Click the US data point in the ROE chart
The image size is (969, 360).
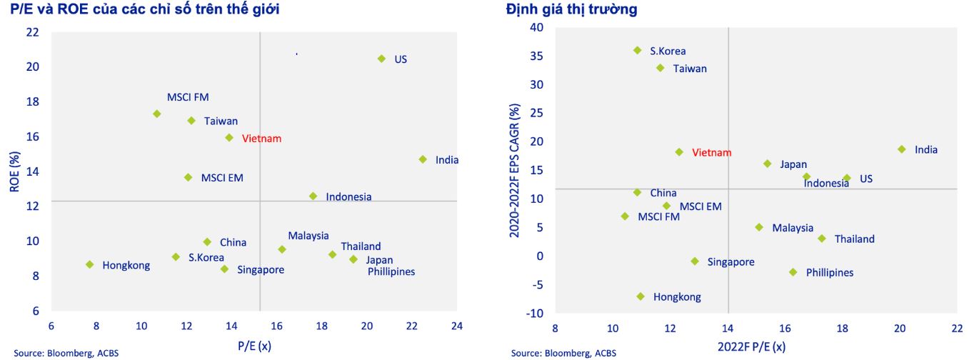coord(381,59)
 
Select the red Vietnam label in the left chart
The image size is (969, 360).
coord(261,139)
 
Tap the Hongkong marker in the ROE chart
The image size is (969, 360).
coord(89,264)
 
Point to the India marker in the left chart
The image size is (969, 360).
coord(422,159)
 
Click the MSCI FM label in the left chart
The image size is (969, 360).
coord(188,97)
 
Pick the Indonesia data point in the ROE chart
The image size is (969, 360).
coord(313,196)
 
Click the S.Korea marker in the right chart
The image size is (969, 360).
coord(637,50)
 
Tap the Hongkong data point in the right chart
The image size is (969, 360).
coord(641,296)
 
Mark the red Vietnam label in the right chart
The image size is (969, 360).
coord(712,153)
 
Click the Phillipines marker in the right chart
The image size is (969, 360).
coord(793,272)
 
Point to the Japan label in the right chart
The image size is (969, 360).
coord(793,164)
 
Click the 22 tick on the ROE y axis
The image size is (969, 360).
coord(32,32)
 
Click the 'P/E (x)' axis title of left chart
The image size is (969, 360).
coord(254,346)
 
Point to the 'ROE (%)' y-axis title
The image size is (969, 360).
coord(14,171)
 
